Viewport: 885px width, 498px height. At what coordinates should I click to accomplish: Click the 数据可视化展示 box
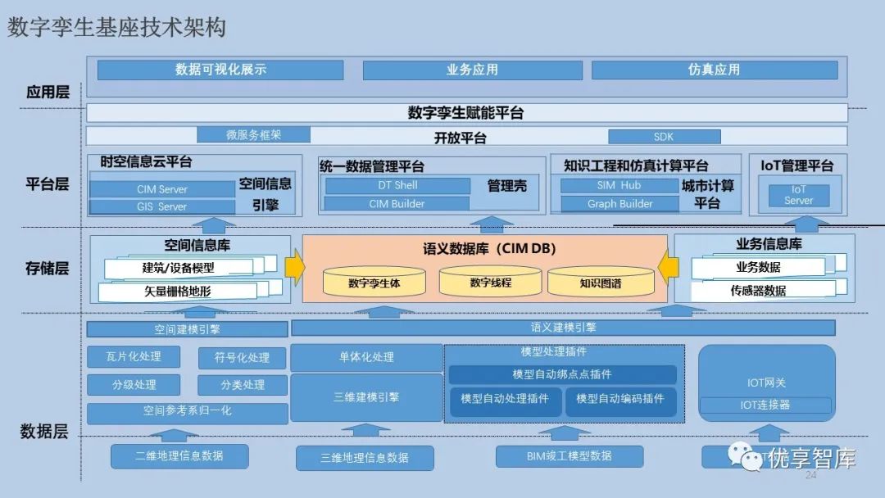(x=220, y=70)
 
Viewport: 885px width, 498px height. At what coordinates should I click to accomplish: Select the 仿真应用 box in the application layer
(x=714, y=70)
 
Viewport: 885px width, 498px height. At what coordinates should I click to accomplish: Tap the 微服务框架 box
(x=254, y=134)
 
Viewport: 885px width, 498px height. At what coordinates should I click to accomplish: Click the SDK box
(x=664, y=137)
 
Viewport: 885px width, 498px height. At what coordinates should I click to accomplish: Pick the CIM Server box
(x=162, y=189)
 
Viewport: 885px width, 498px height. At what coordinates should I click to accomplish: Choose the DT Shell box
(x=397, y=186)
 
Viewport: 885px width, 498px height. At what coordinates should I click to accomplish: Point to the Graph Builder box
(x=620, y=204)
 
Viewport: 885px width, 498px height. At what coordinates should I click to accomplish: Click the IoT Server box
(x=798, y=195)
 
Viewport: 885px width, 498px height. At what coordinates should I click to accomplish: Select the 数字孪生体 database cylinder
(x=374, y=283)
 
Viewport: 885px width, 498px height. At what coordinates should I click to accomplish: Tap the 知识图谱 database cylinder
(x=601, y=283)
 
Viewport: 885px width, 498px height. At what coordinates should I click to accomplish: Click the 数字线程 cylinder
(x=491, y=282)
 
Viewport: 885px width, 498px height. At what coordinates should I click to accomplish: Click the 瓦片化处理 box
(x=134, y=356)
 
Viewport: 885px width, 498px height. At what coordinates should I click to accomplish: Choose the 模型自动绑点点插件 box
(x=562, y=374)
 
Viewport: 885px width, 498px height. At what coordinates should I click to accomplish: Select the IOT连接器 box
(x=765, y=405)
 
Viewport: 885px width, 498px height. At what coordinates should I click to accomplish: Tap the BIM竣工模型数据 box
(x=569, y=456)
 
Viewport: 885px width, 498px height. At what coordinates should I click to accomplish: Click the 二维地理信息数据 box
(x=179, y=456)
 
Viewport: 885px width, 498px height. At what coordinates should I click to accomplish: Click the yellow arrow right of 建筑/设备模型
(x=294, y=267)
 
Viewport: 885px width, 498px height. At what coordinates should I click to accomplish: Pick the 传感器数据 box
(x=758, y=290)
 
